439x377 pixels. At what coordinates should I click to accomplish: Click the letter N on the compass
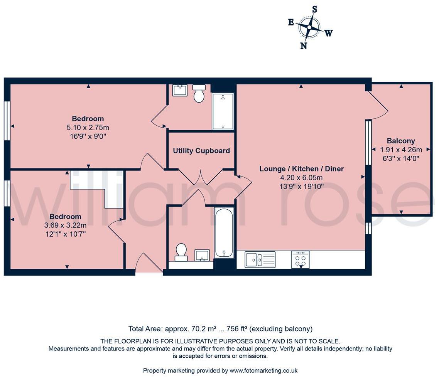304,46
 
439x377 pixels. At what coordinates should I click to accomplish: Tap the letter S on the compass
314,10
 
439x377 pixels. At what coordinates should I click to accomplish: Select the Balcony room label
401,141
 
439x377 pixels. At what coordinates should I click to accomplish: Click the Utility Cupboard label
201,151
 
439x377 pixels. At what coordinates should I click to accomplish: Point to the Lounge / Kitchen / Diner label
301,169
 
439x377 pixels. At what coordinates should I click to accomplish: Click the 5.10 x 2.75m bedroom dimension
88,128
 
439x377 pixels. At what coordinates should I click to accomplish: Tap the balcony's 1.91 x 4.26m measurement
401,150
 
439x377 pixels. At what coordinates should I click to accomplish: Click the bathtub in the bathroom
224,232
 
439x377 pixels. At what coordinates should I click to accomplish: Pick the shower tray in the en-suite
223,111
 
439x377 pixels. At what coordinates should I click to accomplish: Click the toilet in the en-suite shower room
199,93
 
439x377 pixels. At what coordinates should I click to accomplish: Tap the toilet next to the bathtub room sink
181,252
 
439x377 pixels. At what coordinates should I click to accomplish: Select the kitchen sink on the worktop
260,259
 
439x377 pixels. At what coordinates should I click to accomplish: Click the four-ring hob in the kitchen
301,259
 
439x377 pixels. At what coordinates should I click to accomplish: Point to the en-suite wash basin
179,91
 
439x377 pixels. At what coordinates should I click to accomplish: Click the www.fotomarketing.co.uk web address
263,370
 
